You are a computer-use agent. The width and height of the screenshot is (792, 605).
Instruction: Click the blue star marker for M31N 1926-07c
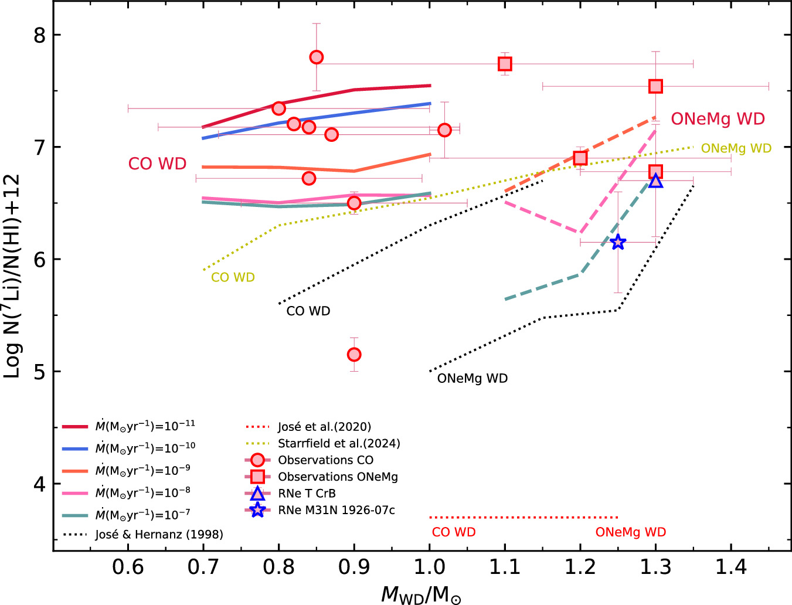pyautogui.click(x=618, y=242)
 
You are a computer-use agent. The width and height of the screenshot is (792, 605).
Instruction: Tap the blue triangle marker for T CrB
pyautogui.click(x=655, y=181)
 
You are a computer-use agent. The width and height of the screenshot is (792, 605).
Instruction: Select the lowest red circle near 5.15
pyautogui.click(x=353, y=355)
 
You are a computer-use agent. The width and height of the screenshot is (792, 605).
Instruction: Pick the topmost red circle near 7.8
pyautogui.click(x=316, y=57)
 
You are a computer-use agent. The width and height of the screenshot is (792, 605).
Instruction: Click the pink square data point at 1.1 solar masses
pyautogui.click(x=505, y=63)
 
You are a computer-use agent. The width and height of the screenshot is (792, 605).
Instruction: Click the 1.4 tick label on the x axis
pyautogui.click(x=730, y=567)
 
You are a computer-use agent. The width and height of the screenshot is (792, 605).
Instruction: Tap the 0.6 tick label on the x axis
pyautogui.click(x=128, y=567)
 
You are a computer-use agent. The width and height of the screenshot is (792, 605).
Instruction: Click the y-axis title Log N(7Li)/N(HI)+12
pyautogui.click(x=13, y=276)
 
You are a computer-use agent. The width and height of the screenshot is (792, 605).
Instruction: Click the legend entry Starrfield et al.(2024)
pyautogui.click(x=339, y=444)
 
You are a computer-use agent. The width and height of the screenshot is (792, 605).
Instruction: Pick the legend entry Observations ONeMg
pyautogui.click(x=338, y=477)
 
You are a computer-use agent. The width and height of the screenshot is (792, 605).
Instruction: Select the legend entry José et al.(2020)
pyautogui.click(x=324, y=427)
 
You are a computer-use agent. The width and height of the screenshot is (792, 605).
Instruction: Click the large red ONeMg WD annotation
pyautogui.click(x=718, y=119)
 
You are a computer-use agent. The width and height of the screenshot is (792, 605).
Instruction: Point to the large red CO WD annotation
pyautogui.click(x=157, y=164)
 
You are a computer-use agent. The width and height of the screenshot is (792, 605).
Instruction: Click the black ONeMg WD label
pyautogui.click(x=472, y=379)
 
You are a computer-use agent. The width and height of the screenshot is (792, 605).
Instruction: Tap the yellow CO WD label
pyautogui.click(x=233, y=277)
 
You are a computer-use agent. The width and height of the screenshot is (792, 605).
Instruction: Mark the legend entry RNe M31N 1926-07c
pyautogui.click(x=336, y=510)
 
